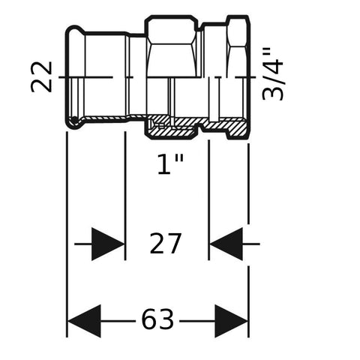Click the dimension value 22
[41, 76]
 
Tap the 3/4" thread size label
[273, 74]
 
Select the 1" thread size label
[171, 163]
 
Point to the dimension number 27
[165, 243]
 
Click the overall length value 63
[157, 319]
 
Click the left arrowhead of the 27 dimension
[108, 244]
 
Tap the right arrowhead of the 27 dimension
[226, 244]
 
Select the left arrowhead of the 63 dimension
[84, 321]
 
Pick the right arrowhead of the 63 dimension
[231, 321]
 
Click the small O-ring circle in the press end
[74, 121]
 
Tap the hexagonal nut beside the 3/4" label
[238, 46]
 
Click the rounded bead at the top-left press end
[74, 31]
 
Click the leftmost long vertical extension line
[67, 235]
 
